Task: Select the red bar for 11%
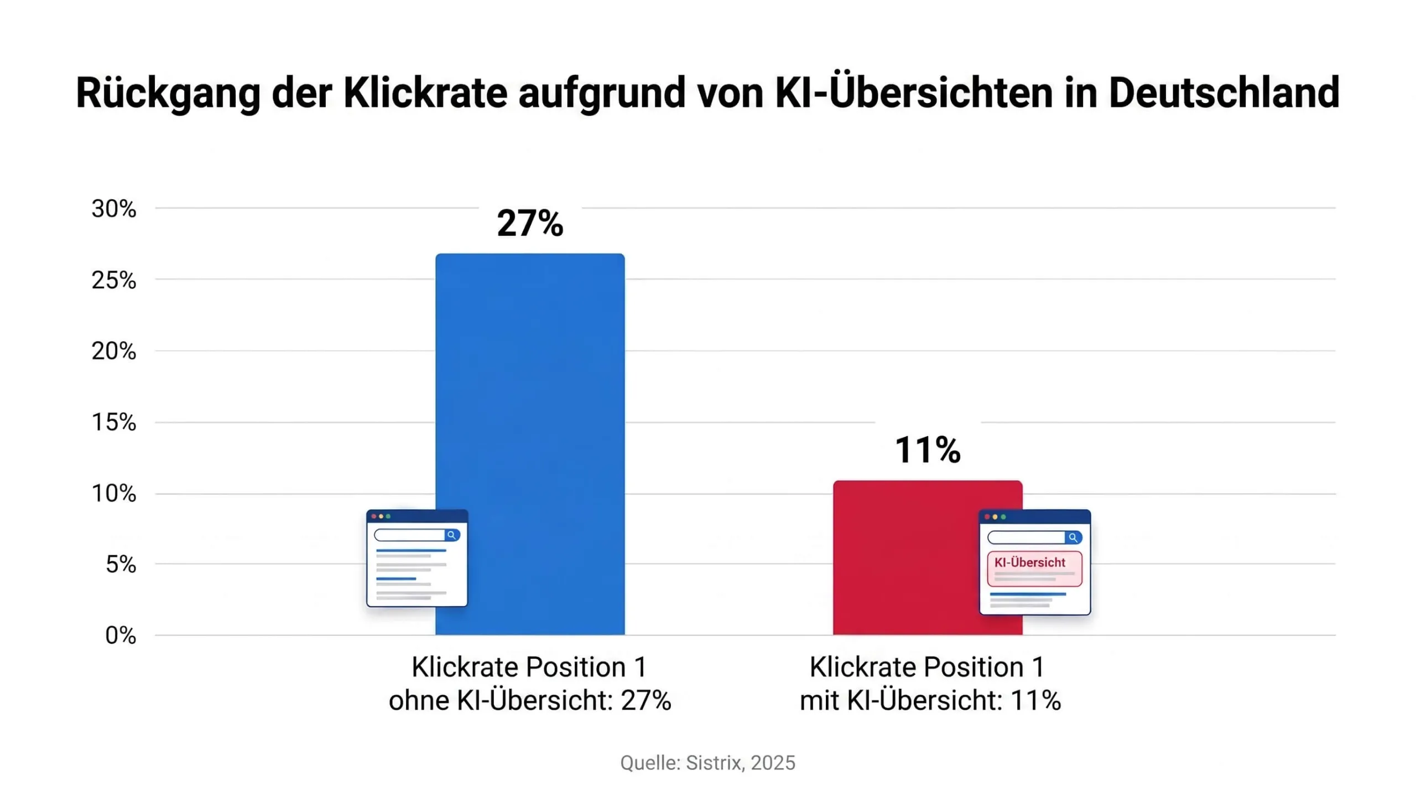[928, 557]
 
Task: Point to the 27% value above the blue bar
[530, 223]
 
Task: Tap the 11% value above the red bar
[928, 449]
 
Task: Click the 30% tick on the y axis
[113, 209]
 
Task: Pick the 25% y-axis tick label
[113, 280]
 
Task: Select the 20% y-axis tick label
[113, 351]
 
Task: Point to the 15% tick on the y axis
[113, 422]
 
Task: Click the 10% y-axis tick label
[113, 493]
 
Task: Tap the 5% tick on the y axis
[121, 564]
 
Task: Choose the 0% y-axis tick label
[121, 635]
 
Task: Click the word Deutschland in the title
[1224, 92]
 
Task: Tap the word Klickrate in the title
[425, 92]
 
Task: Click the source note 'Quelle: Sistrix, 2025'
[707, 763]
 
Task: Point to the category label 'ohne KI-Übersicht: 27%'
[530, 701]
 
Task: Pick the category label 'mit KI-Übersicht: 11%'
[930, 701]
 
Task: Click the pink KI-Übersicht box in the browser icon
[1034, 568]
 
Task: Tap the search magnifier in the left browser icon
[452, 535]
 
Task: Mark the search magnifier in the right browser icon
[1073, 537]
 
